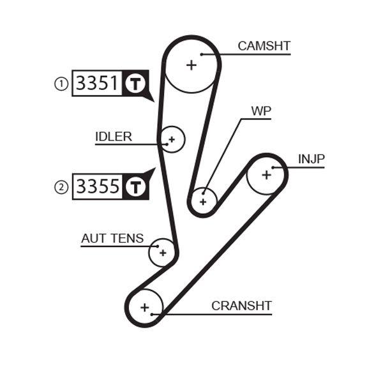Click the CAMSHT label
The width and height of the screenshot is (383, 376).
(x=264, y=46)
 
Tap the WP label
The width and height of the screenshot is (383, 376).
(x=261, y=111)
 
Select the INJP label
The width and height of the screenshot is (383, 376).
(x=311, y=158)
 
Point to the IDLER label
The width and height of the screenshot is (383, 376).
(x=114, y=137)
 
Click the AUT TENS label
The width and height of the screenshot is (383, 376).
(x=112, y=238)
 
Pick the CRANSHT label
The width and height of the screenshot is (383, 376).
(x=241, y=306)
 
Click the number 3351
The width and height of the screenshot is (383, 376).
(x=97, y=84)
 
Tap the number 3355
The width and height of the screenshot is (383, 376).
(x=97, y=186)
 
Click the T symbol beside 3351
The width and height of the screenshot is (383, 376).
(x=135, y=84)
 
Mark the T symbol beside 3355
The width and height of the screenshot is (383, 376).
(x=135, y=186)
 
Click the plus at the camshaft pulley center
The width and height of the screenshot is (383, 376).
(x=191, y=64)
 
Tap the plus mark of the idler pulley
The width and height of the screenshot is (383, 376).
(x=171, y=139)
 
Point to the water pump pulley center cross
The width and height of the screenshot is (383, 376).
(x=203, y=202)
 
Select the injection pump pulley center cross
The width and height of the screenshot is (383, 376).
(x=266, y=174)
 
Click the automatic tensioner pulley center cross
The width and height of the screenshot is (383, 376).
(x=163, y=253)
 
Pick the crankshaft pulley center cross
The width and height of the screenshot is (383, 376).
(x=145, y=308)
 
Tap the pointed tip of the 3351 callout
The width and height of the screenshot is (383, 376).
(x=153, y=100)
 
